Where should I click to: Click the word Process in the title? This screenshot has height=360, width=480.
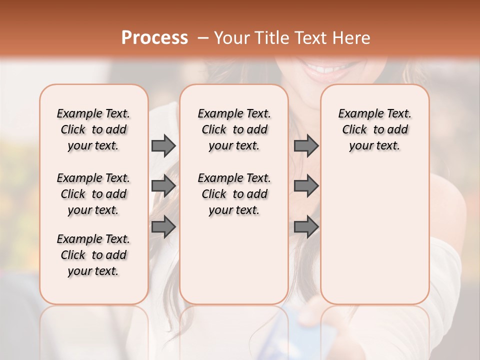click(x=154, y=37)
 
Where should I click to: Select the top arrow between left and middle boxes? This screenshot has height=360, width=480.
click(x=163, y=145)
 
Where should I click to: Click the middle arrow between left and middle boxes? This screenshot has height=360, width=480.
click(x=163, y=186)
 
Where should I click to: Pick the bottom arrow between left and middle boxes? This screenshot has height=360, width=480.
click(x=163, y=226)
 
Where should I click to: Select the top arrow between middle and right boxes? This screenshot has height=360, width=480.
click(x=306, y=145)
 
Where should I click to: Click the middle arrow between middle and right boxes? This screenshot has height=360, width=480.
click(x=306, y=186)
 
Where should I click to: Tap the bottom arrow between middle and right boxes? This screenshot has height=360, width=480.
click(x=306, y=226)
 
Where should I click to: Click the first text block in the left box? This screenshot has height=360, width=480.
click(x=93, y=129)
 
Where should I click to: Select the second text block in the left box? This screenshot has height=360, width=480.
click(x=93, y=194)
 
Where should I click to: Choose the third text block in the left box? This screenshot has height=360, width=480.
click(x=93, y=255)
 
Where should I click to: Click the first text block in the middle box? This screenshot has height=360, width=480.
click(x=234, y=129)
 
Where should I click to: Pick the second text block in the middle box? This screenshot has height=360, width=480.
click(x=234, y=194)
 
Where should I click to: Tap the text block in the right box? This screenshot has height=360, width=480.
click(x=374, y=129)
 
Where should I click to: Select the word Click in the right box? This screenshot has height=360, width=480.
click(x=354, y=130)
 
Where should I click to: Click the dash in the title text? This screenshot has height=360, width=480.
click(x=202, y=37)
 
